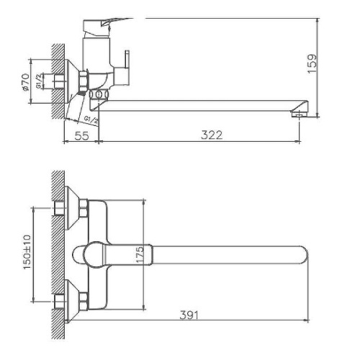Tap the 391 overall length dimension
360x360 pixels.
click(x=189, y=315)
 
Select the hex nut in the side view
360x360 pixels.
click(x=83, y=78)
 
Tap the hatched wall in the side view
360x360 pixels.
click(x=57, y=79)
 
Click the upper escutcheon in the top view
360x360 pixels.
click(x=72, y=205)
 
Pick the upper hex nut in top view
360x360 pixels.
click(x=84, y=209)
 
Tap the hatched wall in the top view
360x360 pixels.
click(x=57, y=252)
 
